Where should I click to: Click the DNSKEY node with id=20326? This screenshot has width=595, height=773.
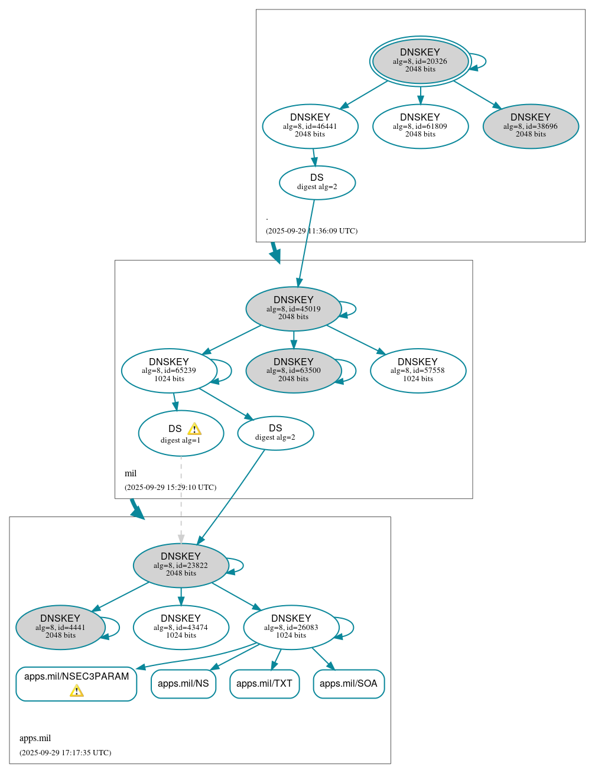click(420, 61)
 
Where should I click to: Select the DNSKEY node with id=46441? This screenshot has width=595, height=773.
click(310, 126)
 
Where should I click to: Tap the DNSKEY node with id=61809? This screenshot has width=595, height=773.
click(420, 126)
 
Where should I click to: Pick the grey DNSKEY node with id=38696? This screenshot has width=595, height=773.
click(531, 126)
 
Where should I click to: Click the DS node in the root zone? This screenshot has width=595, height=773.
click(317, 183)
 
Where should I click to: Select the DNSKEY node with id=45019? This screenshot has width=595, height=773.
click(294, 308)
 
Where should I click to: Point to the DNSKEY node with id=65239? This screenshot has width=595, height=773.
click(170, 371)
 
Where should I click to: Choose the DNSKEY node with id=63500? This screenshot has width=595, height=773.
click(294, 371)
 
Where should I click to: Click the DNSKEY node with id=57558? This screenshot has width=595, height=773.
click(418, 371)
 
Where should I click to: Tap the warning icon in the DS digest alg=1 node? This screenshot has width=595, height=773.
click(194, 429)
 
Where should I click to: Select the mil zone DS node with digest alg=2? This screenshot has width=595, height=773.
click(275, 433)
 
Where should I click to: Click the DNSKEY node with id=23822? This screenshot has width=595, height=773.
click(181, 565)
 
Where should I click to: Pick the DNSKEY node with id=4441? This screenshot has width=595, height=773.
click(60, 627)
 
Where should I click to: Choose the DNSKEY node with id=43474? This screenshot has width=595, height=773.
click(181, 627)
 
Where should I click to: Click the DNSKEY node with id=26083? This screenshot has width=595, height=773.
click(291, 627)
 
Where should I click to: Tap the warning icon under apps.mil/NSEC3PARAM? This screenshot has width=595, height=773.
click(77, 691)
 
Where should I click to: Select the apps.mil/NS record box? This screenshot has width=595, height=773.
click(183, 684)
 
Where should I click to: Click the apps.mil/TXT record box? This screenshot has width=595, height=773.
click(264, 684)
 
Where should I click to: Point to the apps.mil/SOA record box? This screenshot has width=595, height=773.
click(349, 684)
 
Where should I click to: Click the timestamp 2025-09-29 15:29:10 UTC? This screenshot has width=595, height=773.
click(170, 488)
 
